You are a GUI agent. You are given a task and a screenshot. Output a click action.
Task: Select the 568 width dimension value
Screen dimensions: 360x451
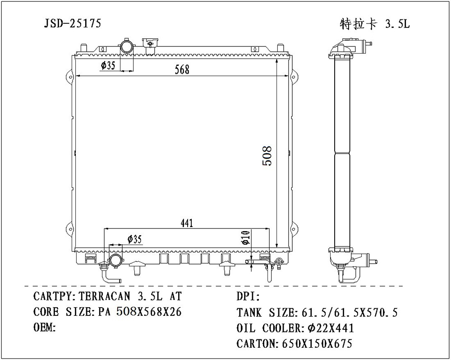[182, 69]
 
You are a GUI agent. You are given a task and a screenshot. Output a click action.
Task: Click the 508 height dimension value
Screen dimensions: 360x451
[267, 156]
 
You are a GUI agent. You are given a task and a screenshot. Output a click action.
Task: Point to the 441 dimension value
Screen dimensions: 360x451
[187, 223]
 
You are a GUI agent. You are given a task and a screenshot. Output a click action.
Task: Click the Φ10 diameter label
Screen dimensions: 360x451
[245, 237]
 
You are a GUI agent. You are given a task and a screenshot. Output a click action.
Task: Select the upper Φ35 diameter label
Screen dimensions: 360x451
[108, 66]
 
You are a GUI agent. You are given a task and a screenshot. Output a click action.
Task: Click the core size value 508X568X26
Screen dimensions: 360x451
[149, 312]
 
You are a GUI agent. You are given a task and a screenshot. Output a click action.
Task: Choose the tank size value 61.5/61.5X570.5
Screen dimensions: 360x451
[347, 312]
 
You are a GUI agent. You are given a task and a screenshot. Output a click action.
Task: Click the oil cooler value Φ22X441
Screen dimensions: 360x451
[329, 328]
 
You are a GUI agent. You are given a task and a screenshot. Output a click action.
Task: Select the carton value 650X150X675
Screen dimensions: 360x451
[317, 344]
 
